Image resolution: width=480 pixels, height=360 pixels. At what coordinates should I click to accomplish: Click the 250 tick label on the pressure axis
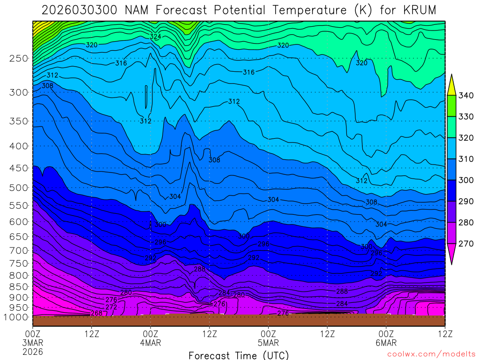[x=18, y=59]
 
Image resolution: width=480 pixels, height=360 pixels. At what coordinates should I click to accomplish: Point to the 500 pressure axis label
[x=18, y=188]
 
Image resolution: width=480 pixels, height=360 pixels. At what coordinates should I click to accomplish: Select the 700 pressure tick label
[x=18, y=250]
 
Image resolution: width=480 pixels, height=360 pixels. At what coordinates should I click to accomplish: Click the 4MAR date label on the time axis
[x=150, y=343]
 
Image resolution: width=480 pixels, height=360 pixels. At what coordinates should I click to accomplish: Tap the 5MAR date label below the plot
[x=268, y=343]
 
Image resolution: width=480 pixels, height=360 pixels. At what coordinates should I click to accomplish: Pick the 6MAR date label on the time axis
[x=386, y=343]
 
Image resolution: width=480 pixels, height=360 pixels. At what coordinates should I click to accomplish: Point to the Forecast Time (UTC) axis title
[x=239, y=355]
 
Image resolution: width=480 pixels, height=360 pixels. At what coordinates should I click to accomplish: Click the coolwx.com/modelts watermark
[x=431, y=354]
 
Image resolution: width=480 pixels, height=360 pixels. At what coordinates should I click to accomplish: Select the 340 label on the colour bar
[x=466, y=96]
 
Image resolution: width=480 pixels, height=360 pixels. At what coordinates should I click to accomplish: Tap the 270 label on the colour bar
[x=466, y=243]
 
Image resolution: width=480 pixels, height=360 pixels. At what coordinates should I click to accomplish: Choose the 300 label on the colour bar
[x=466, y=180]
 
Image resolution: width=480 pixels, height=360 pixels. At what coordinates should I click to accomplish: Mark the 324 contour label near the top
[x=156, y=37]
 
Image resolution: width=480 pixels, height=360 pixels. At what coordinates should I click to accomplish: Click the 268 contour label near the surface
[x=97, y=313]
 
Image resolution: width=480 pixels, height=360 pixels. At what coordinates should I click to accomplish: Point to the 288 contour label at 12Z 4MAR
[x=200, y=269]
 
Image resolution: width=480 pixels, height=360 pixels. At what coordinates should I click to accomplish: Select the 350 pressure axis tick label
[x=18, y=121]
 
